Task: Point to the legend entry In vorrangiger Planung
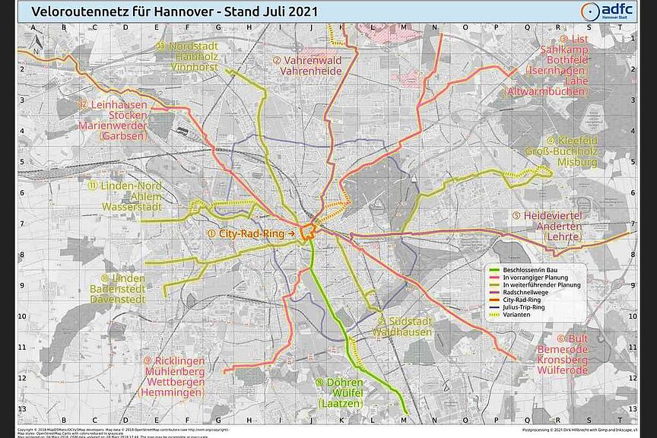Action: [x=540, y=278]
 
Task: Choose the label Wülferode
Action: [x=562, y=370]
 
